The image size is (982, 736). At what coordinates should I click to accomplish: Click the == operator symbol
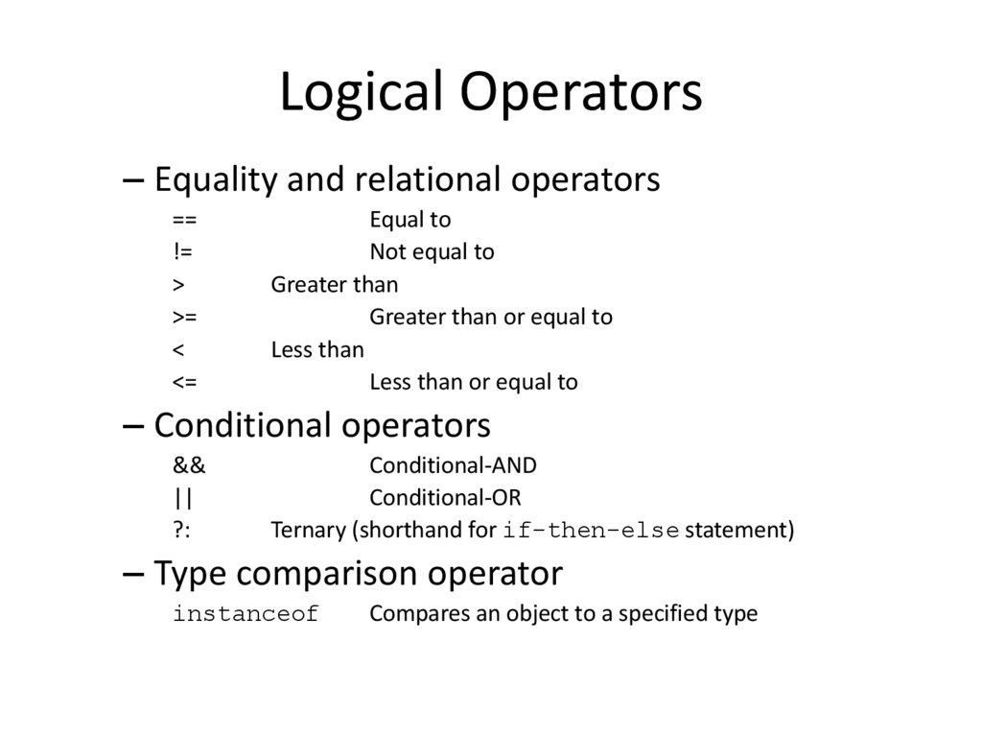185,221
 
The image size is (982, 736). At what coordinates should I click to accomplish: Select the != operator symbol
182,252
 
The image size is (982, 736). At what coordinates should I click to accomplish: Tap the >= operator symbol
185,317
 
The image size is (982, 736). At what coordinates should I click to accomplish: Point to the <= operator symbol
185,382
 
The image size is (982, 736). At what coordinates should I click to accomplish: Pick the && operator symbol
189,465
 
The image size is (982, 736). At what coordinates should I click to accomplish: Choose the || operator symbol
183,498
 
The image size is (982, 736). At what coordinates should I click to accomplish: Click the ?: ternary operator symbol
182,530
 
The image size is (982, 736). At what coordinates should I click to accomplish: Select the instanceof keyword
245,614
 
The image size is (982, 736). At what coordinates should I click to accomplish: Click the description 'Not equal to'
432,252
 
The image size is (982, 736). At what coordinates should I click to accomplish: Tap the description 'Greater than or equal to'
491,317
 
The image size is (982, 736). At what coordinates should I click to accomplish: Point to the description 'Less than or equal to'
474,382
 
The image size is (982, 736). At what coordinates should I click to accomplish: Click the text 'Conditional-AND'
453,465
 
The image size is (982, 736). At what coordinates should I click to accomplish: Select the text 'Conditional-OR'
445,498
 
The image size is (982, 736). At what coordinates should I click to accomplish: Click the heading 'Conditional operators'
322,424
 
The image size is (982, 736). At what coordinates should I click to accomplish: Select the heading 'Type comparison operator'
358,573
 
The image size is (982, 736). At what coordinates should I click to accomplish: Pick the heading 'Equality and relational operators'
407,178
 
